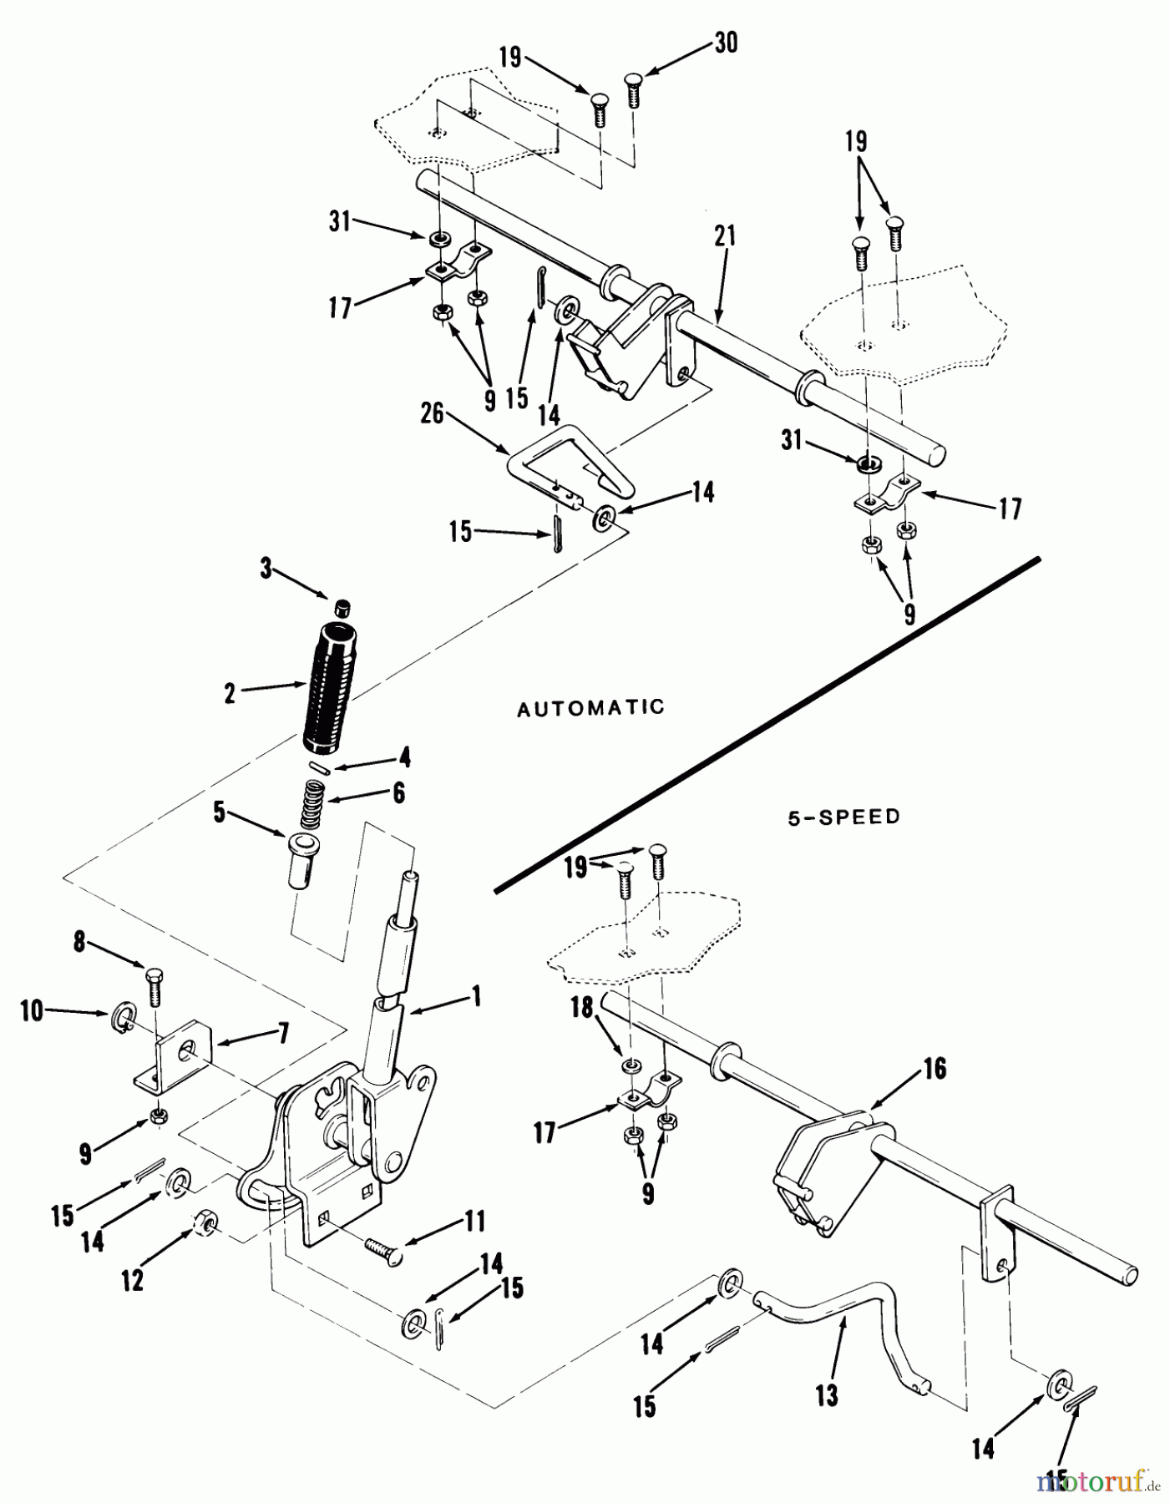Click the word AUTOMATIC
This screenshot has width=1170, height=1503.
pyautogui.click(x=590, y=708)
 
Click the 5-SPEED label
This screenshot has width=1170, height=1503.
pyautogui.click(x=844, y=817)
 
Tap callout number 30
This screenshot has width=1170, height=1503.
pyautogui.click(x=726, y=43)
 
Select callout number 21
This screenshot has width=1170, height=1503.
pyautogui.click(x=725, y=236)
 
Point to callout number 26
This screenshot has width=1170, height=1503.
pyautogui.click(x=432, y=415)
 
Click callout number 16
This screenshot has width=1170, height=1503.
pyautogui.click(x=934, y=1068)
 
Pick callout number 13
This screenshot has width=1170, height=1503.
pyautogui.click(x=827, y=1394)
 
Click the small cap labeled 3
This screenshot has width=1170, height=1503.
pyautogui.click(x=341, y=608)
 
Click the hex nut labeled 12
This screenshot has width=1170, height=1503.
pyautogui.click(x=205, y=1224)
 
